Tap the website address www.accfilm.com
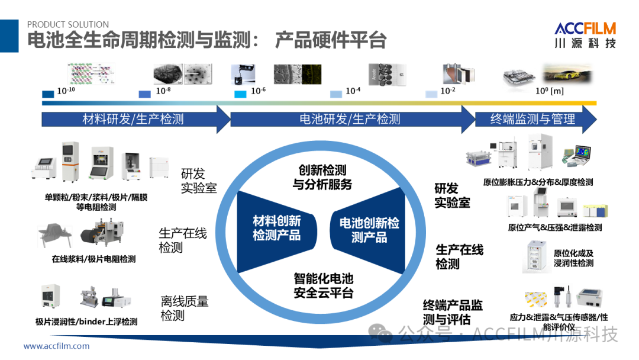57,346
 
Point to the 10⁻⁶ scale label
259,91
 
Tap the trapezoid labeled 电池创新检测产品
369,230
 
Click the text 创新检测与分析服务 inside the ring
322,178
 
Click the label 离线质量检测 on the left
185,308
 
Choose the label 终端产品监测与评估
453,312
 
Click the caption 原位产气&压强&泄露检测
555,227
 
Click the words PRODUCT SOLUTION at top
68,24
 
